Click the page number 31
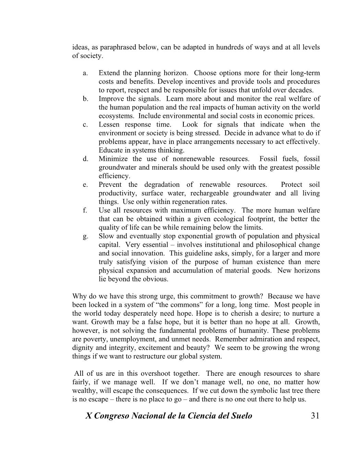point(315,416)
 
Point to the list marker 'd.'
point(85,159)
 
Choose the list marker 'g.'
point(85,236)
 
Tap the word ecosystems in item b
point(114,116)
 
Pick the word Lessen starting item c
point(109,124)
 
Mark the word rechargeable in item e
point(210,193)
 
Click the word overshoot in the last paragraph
point(156,373)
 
